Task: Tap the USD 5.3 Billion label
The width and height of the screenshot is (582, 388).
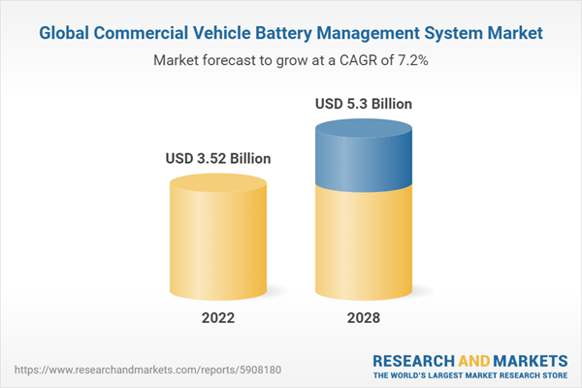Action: (x=364, y=103)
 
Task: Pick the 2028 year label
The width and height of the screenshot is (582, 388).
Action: (x=364, y=318)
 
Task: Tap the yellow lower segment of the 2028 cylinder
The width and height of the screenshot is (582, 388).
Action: (x=364, y=242)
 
